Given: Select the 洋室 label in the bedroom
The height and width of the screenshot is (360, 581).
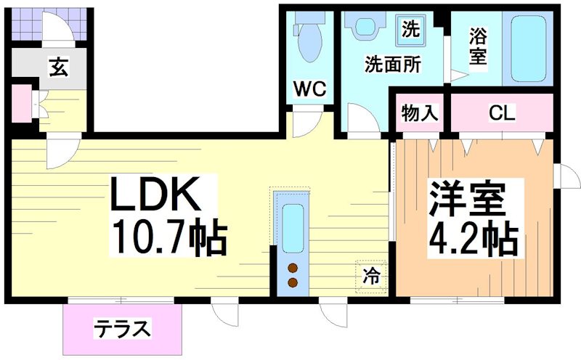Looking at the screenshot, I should [x=467, y=198].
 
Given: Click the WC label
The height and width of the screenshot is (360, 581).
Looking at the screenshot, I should [x=309, y=90].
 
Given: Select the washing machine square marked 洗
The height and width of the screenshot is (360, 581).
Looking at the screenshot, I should [x=411, y=30].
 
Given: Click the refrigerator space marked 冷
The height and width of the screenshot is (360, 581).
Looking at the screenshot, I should [x=371, y=276].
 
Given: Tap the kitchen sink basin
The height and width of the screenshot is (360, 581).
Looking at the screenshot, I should [x=293, y=228].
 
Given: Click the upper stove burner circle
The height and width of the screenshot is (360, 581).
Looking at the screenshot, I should [x=293, y=266].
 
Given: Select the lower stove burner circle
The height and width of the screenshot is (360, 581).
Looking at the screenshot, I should [x=293, y=282].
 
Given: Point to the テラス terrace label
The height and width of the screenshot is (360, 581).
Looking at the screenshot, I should [x=122, y=329].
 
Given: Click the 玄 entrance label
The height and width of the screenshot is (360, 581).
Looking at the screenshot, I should [x=59, y=67].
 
